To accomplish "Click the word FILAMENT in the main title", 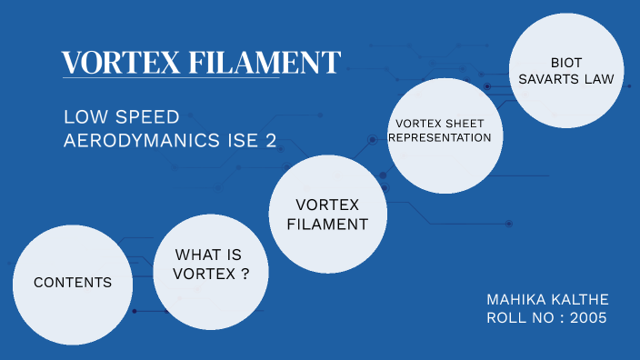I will (265, 63).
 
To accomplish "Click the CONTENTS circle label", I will (73, 283).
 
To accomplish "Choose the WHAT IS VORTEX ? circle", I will (213, 264).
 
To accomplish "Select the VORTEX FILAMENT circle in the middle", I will (327, 214).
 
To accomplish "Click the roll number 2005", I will (589, 318).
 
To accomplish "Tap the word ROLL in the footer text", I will (506, 318).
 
